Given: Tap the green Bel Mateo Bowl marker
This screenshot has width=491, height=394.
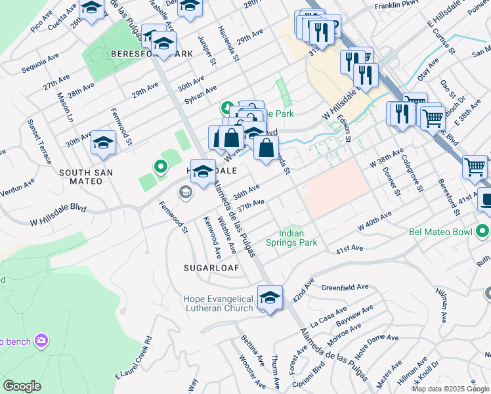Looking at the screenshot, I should click(x=484, y=231).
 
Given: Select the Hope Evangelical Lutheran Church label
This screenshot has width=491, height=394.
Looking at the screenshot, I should click(x=218, y=303).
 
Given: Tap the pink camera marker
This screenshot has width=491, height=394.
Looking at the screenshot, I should click(x=42, y=339).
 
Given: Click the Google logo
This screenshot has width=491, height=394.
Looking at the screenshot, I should click(x=22, y=386).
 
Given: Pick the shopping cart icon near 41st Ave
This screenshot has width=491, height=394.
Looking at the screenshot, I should click(x=475, y=166).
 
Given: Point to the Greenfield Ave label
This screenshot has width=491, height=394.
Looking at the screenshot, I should click(x=345, y=288).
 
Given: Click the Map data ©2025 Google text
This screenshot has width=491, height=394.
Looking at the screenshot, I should click(x=450, y=389).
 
